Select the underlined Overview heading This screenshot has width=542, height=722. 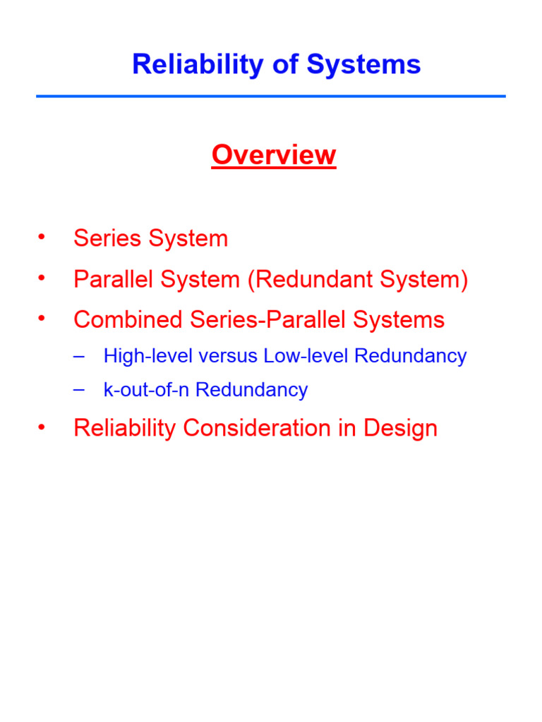[274, 155]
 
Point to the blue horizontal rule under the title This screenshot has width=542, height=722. [271, 96]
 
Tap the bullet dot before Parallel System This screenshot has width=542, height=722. [42, 278]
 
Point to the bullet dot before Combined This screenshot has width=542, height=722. [42, 318]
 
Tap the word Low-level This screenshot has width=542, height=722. [307, 356]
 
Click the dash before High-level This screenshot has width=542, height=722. [78, 355]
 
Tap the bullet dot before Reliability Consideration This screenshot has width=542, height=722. [42, 426]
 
